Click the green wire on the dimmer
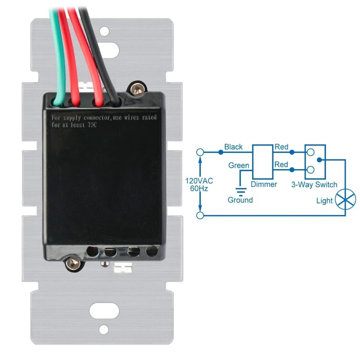(x=58, y=58)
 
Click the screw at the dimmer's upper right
(x=137, y=88)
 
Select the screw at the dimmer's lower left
(x=73, y=263)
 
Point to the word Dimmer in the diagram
(x=264, y=184)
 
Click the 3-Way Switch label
(x=314, y=184)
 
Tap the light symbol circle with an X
(x=345, y=199)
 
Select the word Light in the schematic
(x=324, y=201)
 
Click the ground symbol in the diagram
(x=241, y=192)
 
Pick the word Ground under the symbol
(x=240, y=200)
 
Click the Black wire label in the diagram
(x=233, y=147)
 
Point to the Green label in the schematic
(x=239, y=165)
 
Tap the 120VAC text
(x=199, y=181)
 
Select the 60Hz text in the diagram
(x=199, y=189)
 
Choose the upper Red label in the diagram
(x=281, y=147)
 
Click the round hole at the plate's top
(x=104, y=31)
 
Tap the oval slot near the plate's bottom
(x=104, y=310)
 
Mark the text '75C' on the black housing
(x=92, y=125)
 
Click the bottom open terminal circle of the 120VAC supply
(x=200, y=216)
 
